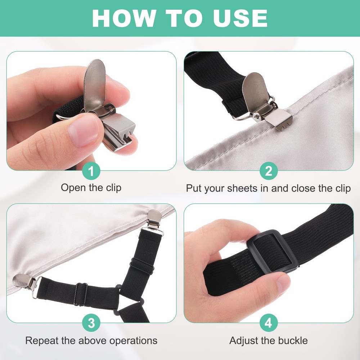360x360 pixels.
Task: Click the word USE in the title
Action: pos(240,18)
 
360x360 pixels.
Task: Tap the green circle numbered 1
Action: pos(91,171)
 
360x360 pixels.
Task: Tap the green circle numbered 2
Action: pos(269,171)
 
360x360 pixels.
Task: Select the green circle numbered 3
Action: pos(91,323)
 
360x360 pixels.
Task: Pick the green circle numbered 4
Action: pos(269,323)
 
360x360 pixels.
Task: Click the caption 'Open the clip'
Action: pos(91,188)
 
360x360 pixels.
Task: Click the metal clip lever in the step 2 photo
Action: pos(256,92)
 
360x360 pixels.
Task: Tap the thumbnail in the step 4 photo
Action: pos(284,285)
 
